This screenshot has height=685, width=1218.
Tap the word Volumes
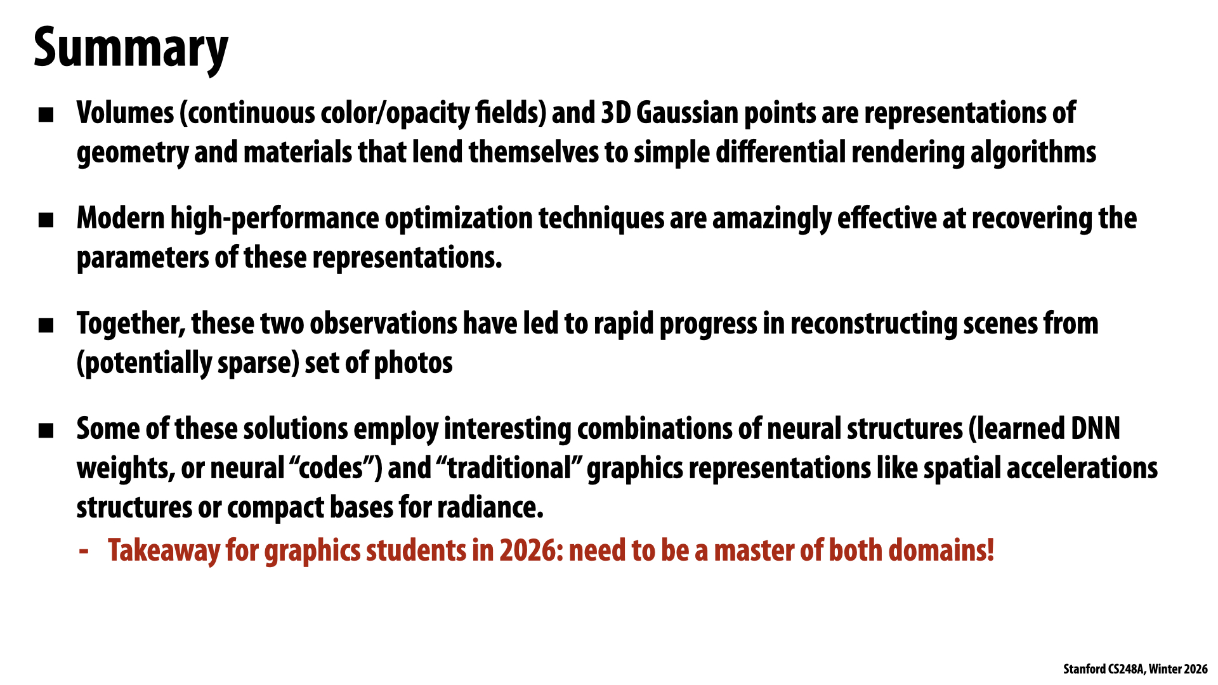(125, 114)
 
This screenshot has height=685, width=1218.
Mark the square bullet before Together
(46, 326)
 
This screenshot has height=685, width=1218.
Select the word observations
(383, 323)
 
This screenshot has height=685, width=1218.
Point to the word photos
(413, 363)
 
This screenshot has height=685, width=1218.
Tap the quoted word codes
(330, 469)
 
